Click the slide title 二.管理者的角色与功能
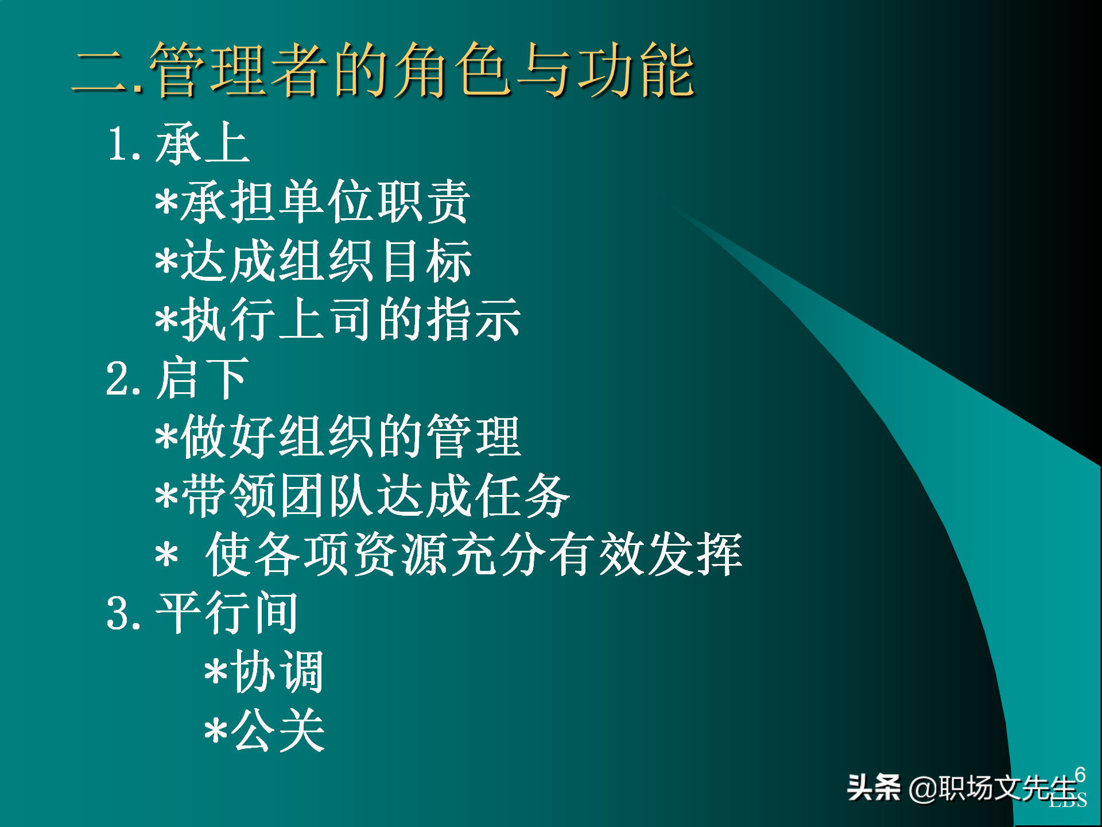tap(383, 70)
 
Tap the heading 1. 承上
tap(179, 144)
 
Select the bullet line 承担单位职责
tap(313, 202)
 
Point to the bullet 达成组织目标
tap(313, 261)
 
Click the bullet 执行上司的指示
tap(338, 320)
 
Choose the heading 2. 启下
tap(177, 378)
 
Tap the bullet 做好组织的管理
tap(338, 437)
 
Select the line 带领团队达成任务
tap(363, 496)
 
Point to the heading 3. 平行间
tap(202, 613)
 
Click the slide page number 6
tap(1080, 774)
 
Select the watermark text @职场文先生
tap(993, 788)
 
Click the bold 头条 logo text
tap(874, 787)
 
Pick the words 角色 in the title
tap(452, 70)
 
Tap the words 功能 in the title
tap(636, 70)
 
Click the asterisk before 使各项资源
tap(166, 556)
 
